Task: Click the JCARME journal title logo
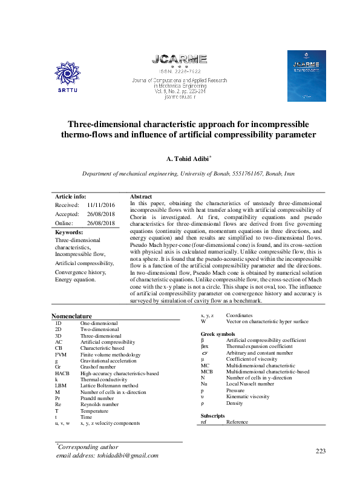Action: coord(179,59)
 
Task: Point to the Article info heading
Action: coord(71,197)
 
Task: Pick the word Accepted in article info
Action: coord(67,214)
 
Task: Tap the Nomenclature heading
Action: coord(71,316)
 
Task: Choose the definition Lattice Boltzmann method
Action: coord(109,386)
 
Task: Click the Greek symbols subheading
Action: coord(218,334)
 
